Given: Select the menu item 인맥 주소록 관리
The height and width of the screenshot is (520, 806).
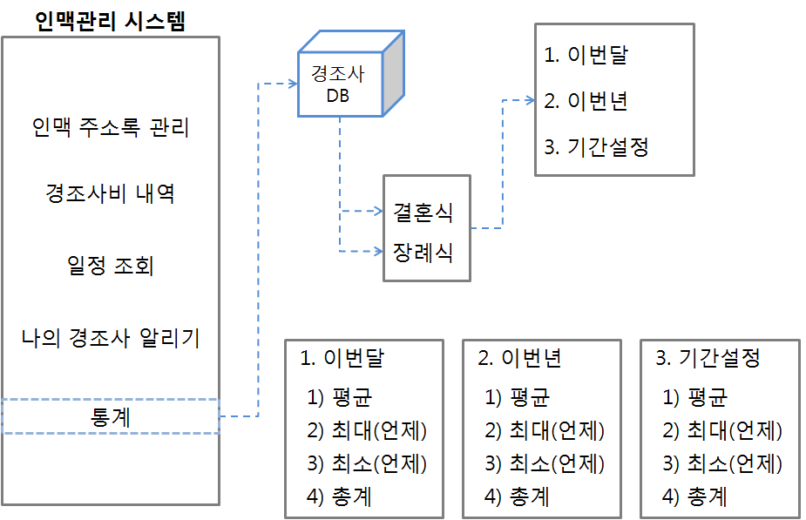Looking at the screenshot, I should click(110, 128).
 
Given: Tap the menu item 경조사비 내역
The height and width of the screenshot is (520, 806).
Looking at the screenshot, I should click(110, 193).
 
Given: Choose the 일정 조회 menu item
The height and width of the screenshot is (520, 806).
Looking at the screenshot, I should click(110, 265).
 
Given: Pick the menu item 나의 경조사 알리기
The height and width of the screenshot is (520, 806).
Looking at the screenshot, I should click(110, 337).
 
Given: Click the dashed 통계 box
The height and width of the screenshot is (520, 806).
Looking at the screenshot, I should click(110, 416).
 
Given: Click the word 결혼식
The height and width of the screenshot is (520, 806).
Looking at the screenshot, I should click(423, 213).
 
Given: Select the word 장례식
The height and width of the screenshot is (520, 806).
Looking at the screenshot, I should click(423, 252).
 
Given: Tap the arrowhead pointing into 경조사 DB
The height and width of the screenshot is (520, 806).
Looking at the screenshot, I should click(292, 84).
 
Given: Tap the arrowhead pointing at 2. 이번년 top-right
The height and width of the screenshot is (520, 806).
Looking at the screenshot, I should click(529, 100).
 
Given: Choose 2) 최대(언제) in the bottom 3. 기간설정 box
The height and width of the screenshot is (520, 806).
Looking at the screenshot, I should click(722, 430).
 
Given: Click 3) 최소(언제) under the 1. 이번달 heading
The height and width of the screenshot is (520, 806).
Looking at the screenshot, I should click(367, 463).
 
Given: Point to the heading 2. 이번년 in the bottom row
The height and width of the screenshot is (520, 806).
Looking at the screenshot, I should click(519, 358).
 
